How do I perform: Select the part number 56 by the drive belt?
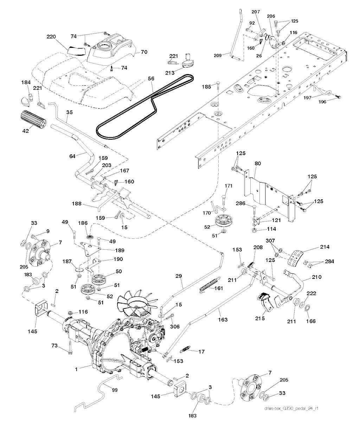[x=151, y=79]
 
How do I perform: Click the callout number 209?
[x=218, y=55]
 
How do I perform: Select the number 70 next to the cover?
[x=143, y=52]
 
